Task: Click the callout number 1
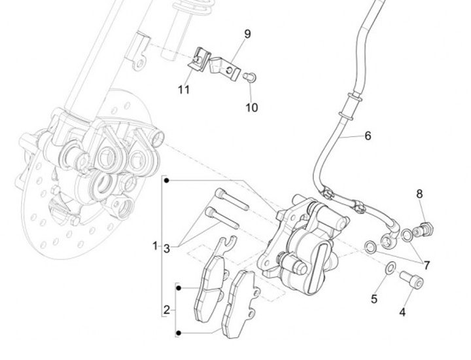click(156, 246)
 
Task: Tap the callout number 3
click(167, 248)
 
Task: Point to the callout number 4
click(402, 312)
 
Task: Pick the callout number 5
click(374, 299)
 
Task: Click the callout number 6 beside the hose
click(368, 136)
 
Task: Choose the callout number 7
click(427, 266)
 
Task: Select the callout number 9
click(248, 33)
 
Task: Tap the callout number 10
click(252, 107)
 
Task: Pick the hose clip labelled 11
click(200, 58)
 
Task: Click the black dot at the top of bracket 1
click(166, 179)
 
